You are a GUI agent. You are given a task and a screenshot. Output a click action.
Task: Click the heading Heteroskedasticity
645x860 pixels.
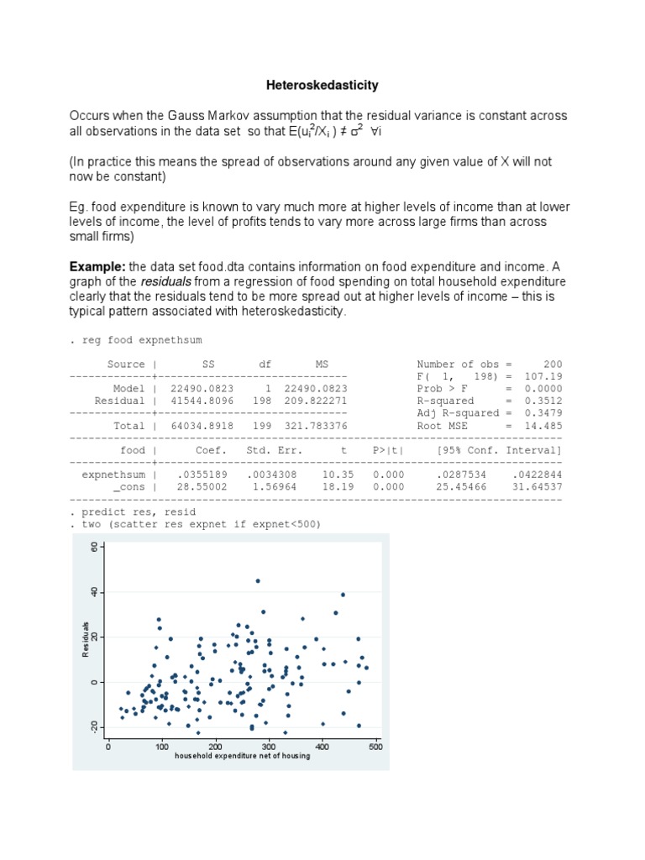click(322, 85)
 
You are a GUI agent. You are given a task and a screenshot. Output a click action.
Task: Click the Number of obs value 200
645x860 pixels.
click(553, 364)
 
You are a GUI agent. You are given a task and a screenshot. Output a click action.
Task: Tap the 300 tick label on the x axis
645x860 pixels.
click(268, 747)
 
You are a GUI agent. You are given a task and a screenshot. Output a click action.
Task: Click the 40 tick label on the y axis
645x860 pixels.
click(95, 593)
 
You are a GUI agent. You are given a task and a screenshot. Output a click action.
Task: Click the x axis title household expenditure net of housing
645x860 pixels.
click(242, 756)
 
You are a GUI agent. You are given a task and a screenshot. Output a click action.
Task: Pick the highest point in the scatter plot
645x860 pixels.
click(258, 580)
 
